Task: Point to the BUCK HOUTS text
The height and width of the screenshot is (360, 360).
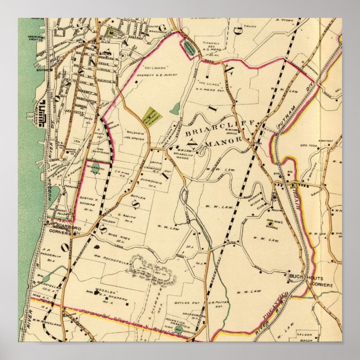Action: (302, 276)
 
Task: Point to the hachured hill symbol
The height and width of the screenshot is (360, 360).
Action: (151, 273)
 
